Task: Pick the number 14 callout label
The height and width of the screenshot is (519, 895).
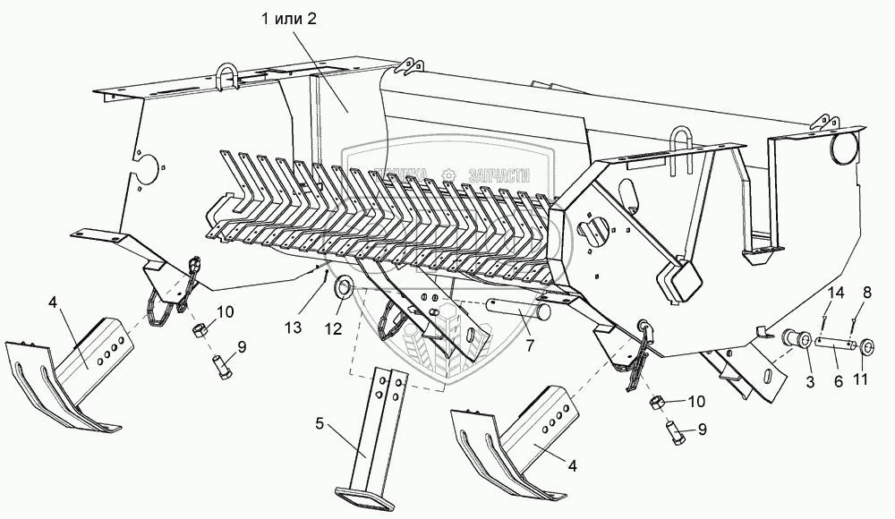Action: coord(835,294)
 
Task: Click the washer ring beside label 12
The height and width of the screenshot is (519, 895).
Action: coord(342,288)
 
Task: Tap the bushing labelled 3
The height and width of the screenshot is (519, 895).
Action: coord(797,340)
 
